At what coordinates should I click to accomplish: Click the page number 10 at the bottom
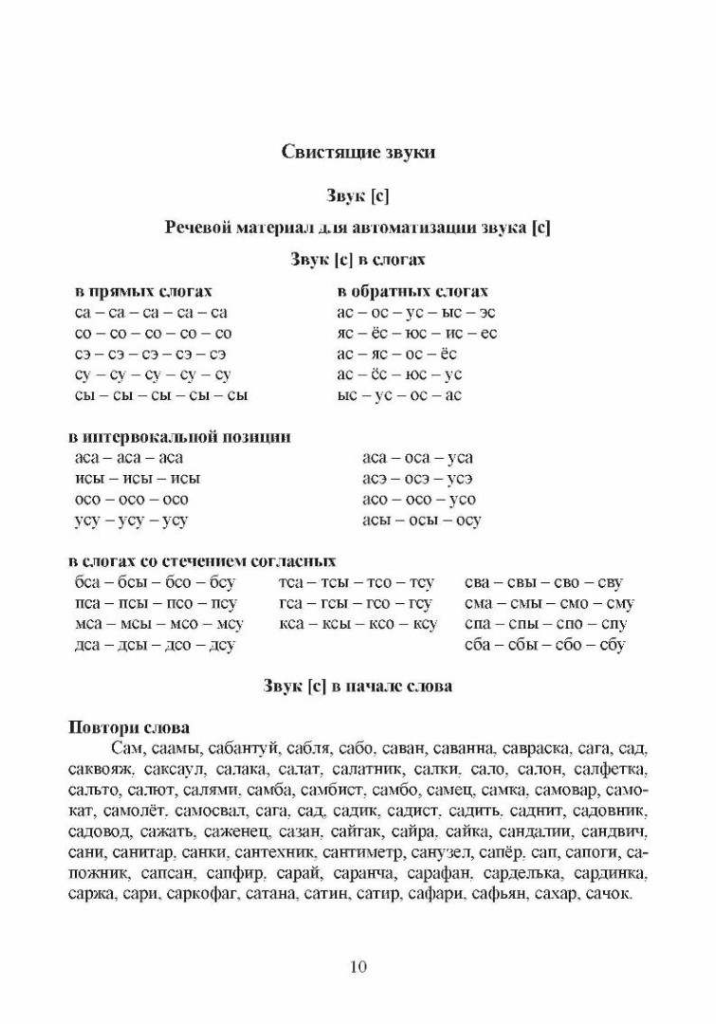click(x=358, y=967)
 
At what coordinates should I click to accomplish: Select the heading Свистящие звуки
click(x=358, y=152)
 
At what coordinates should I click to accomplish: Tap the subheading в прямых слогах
click(x=142, y=291)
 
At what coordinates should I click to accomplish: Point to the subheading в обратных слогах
click(x=413, y=291)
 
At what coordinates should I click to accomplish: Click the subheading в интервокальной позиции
click(x=179, y=437)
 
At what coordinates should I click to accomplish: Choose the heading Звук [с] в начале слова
click(x=358, y=686)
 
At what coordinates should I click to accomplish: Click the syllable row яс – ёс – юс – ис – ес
click(x=416, y=333)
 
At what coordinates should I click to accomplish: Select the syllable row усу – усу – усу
click(x=131, y=521)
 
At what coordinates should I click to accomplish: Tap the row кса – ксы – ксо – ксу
click(x=358, y=624)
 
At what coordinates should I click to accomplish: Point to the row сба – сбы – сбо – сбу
click(x=545, y=645)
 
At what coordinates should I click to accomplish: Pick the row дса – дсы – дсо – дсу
click(x=155, y=645)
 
